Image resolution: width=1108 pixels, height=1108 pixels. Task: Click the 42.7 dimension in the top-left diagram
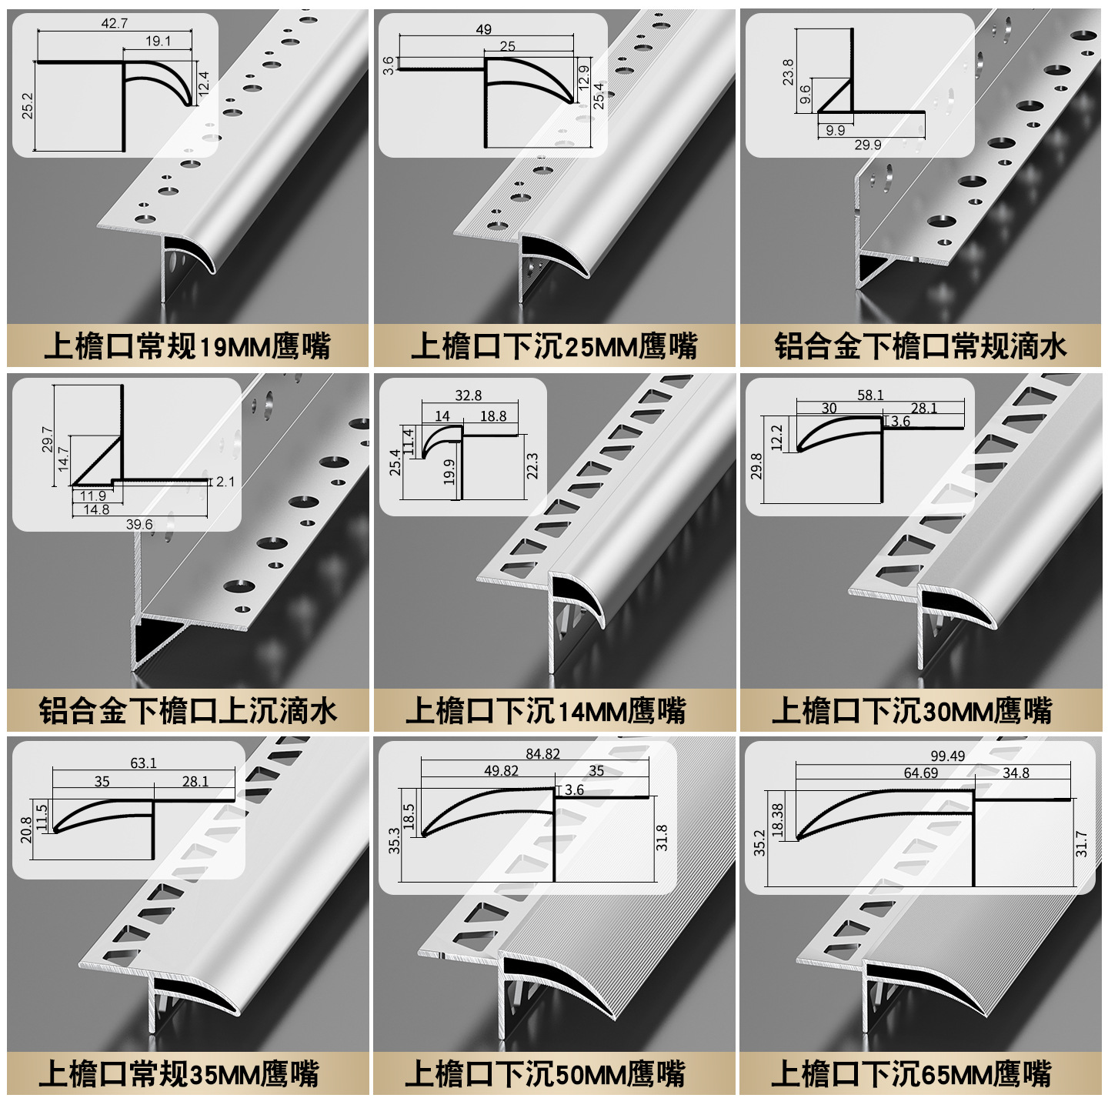[x=115, y=23]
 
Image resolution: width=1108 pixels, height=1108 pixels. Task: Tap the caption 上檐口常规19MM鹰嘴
[x=187, y=346]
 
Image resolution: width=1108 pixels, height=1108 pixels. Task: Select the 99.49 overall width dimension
[x=947, y=756]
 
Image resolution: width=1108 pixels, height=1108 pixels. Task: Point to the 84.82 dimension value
[x=542, y=754]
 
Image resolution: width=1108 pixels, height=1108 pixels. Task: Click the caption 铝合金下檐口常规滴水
[x=920, y=346]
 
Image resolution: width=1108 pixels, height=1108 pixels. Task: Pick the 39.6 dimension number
[x=139, y=524]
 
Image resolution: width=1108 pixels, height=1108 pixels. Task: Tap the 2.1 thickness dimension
[x=225, y=482]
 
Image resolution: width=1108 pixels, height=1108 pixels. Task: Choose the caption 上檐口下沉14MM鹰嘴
[x=546, y=710]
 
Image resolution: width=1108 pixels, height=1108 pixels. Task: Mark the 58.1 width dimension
[x=870, y=395]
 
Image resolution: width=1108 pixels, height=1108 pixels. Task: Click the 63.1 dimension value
[x=143, y=763]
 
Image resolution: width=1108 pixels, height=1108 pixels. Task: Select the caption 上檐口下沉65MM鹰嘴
[x=911, y=1073]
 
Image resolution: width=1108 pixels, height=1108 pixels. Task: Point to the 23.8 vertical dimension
[x=787, y=72]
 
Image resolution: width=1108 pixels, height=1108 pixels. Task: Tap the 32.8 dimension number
[x=468, y=395]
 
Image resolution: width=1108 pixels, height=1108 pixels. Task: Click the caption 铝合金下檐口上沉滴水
[x=188, y=710]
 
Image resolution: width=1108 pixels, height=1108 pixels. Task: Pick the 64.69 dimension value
[x=920, y=773]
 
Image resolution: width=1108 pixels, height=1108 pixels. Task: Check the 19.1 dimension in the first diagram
[x=158, y=41]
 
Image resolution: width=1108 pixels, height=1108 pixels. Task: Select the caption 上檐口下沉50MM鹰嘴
[x=545, y=1073]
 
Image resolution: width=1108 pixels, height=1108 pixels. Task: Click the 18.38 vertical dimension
[x=777, y=820]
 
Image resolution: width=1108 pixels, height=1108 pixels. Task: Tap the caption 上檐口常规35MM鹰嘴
[x=179, y=1073]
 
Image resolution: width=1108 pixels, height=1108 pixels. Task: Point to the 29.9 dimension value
[x=867, y=145]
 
